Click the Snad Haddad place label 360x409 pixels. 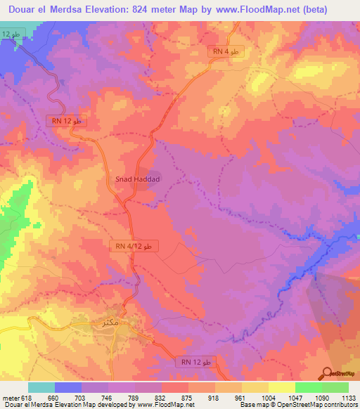139,180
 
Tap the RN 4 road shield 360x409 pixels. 226,52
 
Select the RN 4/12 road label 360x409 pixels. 134,247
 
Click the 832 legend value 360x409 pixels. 162,398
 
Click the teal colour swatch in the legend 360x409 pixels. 41,387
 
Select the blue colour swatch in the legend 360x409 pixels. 68,387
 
